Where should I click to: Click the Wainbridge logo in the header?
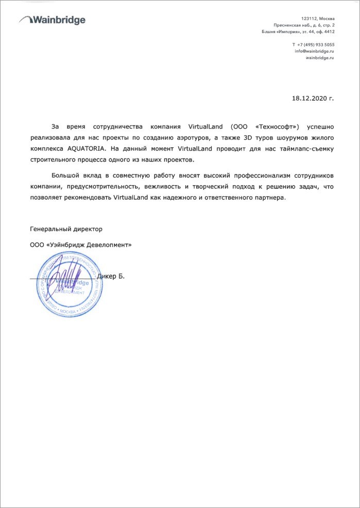pos(52,20)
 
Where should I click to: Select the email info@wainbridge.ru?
pos(314,51)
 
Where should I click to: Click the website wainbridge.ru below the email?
pos(320,58)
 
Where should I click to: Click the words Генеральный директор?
pos(66,228)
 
